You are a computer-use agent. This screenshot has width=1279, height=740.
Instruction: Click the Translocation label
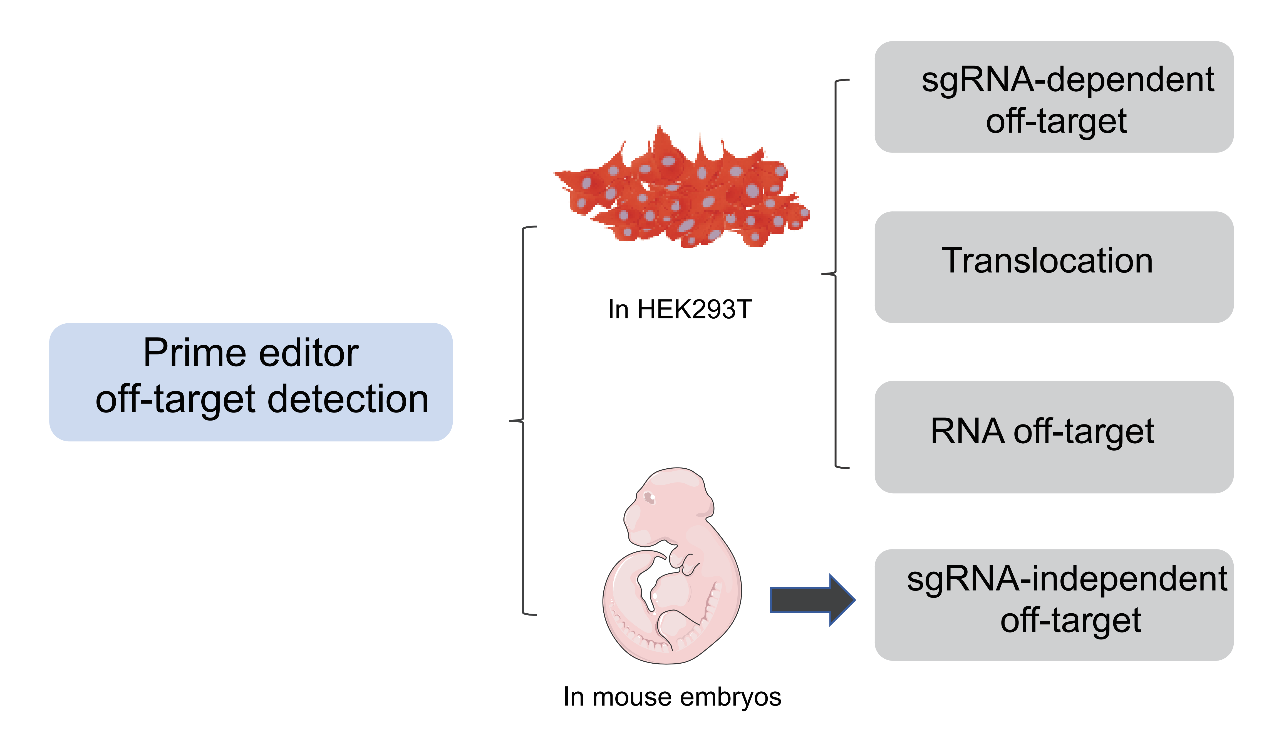click(1047, 261)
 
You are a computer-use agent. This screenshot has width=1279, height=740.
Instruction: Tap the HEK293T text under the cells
click(694, 309)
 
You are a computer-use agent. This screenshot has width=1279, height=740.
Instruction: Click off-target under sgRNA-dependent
click(1056, 122)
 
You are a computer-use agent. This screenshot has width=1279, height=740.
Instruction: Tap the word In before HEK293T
click(618, 309)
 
